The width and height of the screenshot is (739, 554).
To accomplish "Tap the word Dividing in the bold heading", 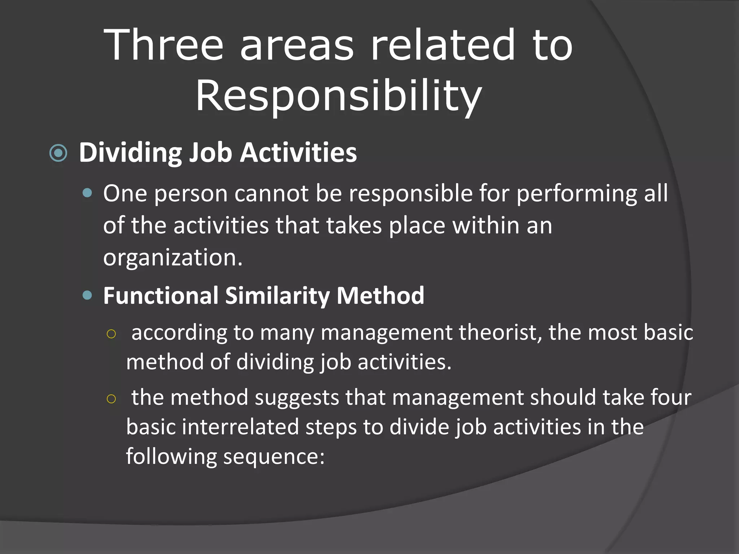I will click(130, 153).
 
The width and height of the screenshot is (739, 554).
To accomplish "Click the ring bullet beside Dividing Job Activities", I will click(58, 153).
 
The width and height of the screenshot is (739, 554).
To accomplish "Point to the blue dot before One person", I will click(87, 193).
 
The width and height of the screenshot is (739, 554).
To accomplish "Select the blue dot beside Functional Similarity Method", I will click(87, 296).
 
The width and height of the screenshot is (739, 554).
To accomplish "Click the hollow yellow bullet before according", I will click(111, 334).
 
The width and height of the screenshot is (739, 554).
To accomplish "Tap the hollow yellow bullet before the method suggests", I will click(111, 399).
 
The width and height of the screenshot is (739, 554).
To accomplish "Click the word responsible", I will click(411, 194).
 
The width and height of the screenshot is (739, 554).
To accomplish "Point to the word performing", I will click(577, 194).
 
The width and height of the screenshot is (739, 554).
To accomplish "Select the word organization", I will click(173, 258).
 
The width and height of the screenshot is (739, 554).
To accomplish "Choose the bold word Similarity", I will click(277, 296).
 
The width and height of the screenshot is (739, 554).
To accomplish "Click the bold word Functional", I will click(161, 296).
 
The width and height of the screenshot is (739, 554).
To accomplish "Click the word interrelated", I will click(240, 427).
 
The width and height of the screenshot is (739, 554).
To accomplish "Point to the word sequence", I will click(274, 457).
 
